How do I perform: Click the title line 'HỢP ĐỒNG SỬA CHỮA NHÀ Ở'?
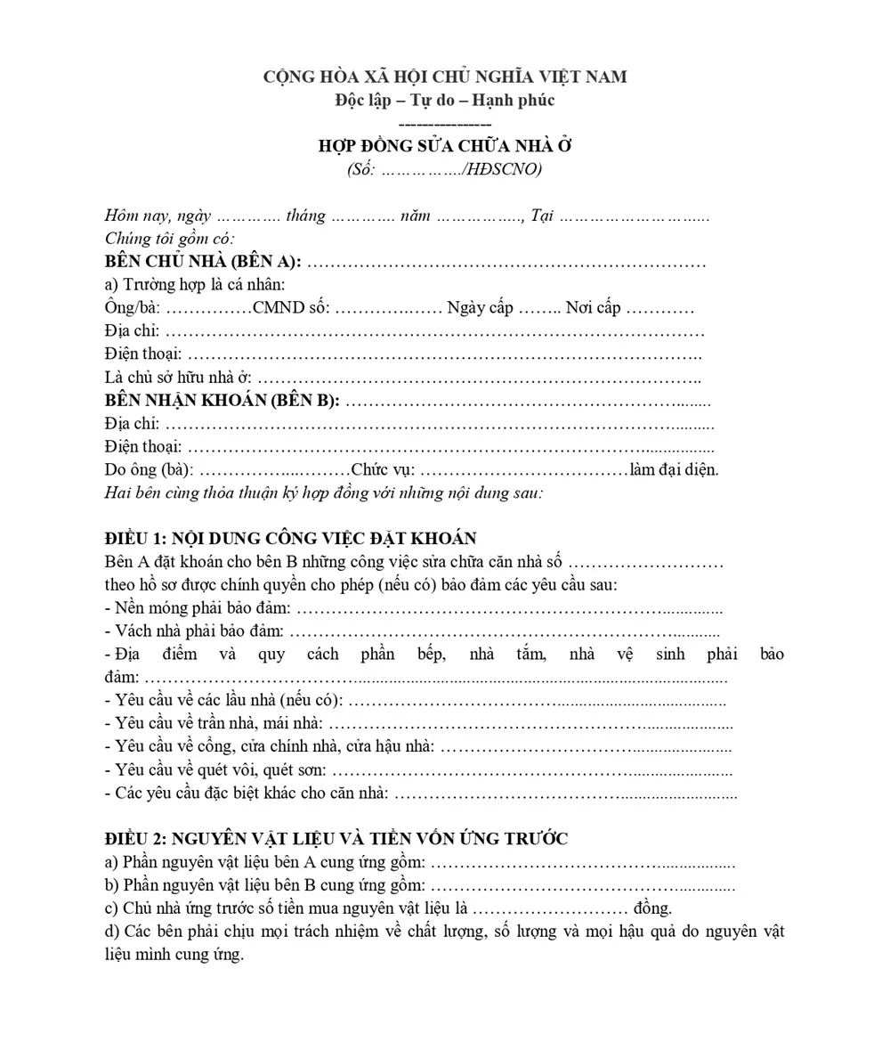tap(445, 146)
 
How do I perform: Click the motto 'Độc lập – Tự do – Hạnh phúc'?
tap(445, 100)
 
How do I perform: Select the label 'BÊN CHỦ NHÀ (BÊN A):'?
tap(203, 262)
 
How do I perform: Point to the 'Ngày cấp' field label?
tap(480, 308)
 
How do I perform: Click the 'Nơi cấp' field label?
tap(593, 308)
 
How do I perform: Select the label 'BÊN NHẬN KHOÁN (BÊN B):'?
tap(222, 400)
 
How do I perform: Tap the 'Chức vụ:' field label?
tap(383, 469)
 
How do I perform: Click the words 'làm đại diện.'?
tap(674, 469)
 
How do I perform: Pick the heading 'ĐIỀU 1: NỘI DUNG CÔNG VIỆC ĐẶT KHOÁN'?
tap(290, 539)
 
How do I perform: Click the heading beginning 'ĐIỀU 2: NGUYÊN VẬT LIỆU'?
tap(336, 838)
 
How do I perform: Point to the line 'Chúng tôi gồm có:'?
tap(169, 239)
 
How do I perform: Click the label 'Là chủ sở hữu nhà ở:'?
tap(178, 378)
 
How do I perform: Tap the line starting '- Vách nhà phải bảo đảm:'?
tap(194, 631)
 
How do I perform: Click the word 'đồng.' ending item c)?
tap(652, 908)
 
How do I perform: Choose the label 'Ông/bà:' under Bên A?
tap(133, 308)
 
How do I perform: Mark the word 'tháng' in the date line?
tap(305, 216)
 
